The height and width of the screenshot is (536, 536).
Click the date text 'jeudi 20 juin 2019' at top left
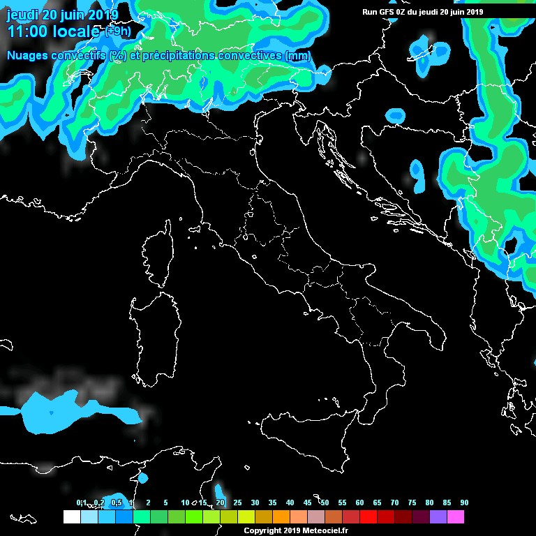(x=62, y=15)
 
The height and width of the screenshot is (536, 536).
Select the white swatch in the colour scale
(x=71, y=517)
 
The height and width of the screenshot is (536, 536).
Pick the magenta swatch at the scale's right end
(x=455, y=517)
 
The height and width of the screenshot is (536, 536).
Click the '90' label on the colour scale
(x=464, y=502)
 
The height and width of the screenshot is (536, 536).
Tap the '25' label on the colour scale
(x=237, y=502)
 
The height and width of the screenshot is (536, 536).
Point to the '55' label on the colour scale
(x=342, y=502)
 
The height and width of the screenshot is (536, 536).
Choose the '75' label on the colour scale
(x=412, y=502)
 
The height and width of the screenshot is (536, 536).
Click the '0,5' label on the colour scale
(x=116, y=502)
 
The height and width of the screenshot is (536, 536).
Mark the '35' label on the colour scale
(x=272, y=502)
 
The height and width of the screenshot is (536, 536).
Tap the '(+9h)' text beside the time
(x=117, y=31)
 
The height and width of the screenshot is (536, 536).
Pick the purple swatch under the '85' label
(x=438, y=517)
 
